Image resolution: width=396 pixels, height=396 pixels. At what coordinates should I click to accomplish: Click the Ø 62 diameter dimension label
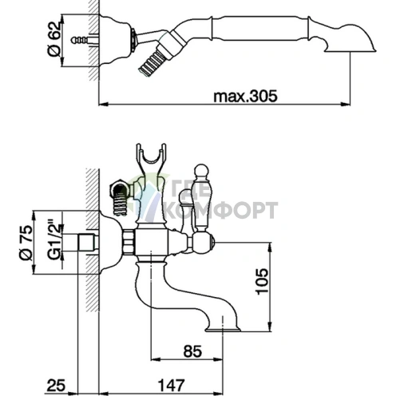click(55, 39)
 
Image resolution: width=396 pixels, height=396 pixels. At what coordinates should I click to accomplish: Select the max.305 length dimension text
click(245, 96)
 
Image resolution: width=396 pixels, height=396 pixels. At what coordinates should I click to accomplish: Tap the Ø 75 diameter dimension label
click(26, 243)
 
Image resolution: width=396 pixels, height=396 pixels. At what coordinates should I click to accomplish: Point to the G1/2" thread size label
click(54, 240)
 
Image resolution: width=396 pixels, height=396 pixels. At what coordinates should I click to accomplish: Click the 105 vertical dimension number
click(262, 281)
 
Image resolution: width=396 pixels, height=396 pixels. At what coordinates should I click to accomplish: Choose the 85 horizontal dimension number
click(192, 351)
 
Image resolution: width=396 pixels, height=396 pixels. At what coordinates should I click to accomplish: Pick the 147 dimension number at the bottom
click(172, 385)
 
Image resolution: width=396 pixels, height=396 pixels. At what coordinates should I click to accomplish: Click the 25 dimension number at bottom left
click(56, 385)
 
